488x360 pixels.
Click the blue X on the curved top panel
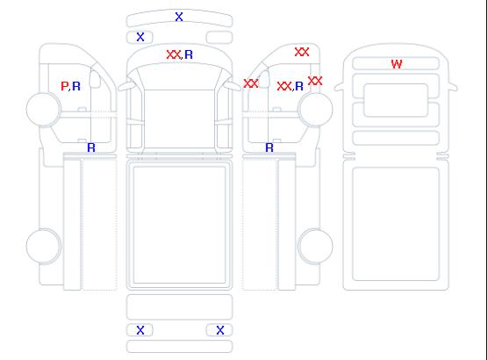[179, 17]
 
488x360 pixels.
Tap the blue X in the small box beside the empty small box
[140, 37]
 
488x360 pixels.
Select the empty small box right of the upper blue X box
[219, 38]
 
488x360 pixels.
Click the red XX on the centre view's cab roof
[174, 54]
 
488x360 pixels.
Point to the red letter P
[64, 86]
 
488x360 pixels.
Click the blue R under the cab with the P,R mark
[91, 148]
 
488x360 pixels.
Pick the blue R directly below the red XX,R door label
[269, 148]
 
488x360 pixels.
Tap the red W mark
[397, 64]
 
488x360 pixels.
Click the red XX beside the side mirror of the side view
[251, 83]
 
